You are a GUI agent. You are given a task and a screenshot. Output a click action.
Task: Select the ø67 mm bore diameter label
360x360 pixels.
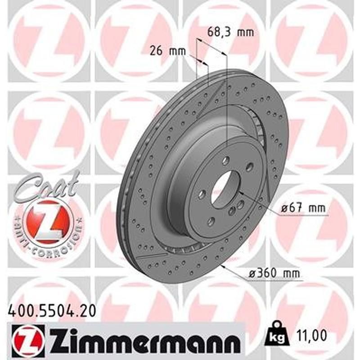point(302,208)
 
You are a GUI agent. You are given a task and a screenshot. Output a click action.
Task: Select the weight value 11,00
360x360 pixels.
point(311,335)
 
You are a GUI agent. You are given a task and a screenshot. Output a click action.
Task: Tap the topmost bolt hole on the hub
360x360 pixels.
point(226,159)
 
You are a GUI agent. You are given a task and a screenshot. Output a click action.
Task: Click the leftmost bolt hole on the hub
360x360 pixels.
point(202,194)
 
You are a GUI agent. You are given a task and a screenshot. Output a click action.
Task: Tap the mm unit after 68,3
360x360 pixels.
point(245,32)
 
